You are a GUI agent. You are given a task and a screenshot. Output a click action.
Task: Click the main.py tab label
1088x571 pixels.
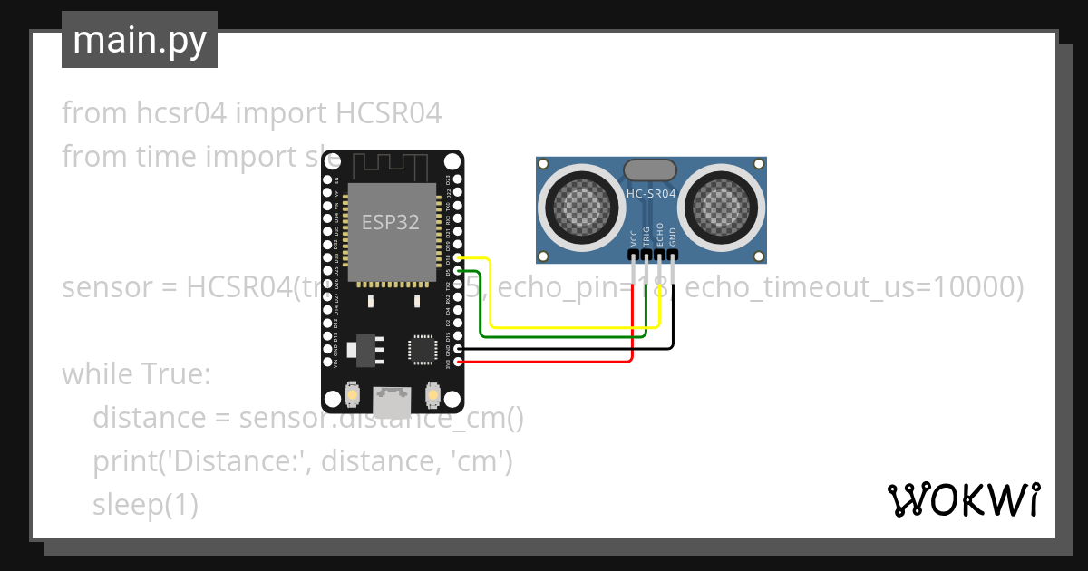pyautogui.click(x=139, y=41)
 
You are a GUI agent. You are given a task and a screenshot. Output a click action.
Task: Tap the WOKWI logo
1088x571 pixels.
pyautogui.click(x=963, y=499)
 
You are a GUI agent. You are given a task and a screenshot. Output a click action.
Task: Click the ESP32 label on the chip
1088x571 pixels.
pyautogui.click(x=391, y=222)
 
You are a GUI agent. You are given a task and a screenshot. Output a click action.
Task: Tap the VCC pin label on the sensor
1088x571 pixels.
pyautogui.click(x=633, y=237)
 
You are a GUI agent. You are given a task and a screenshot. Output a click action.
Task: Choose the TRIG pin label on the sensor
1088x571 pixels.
pyautogui.click(x=646, y=236)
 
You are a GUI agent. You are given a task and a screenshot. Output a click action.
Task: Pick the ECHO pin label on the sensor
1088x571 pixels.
pyautogui.click(x=659, y=234)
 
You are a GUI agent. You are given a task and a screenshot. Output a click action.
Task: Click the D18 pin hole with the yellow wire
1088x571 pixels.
pyautogui.click(x=458, y=258)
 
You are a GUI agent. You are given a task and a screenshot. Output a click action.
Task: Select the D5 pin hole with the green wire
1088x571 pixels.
pyautogui.click(x=458, y=271)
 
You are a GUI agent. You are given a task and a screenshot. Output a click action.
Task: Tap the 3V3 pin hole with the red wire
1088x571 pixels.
pyautogui.click(x=458, y=363)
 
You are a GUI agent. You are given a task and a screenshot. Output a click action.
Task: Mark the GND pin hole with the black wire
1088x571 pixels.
pyautogui.click(x=458, y=349)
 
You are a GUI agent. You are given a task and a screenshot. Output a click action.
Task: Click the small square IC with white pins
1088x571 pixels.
pyautogui.click(x=422, y=349)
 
